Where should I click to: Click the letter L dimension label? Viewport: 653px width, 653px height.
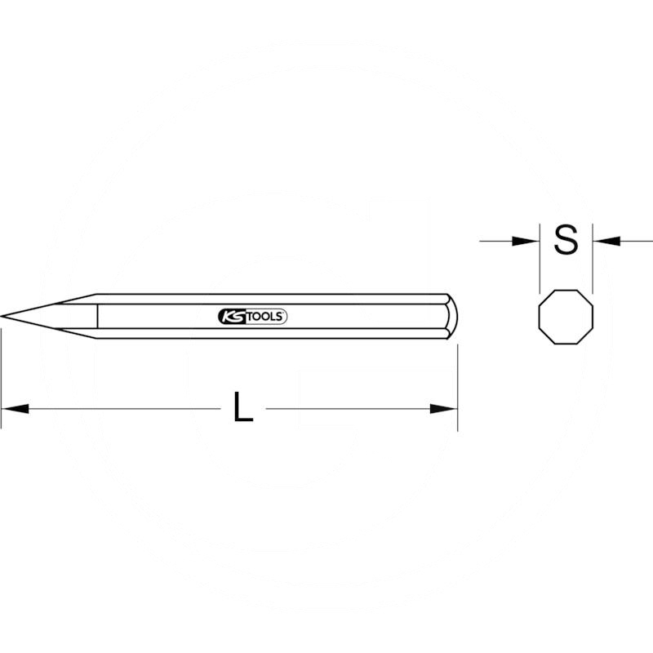point(242,408)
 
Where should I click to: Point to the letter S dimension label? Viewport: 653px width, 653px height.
point(566,240)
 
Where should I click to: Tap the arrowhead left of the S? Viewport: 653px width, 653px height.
point(526,240)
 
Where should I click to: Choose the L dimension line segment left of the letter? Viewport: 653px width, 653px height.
point(122,408)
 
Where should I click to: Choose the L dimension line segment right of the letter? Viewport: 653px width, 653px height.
point(351,408)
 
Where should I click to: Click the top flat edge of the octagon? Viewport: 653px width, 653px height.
point(566,290)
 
